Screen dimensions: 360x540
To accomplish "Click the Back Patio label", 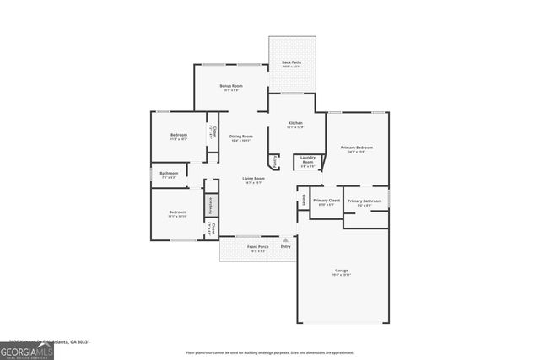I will pos(292,63).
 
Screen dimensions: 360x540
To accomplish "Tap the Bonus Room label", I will pos(231,87).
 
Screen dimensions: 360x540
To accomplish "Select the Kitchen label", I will pos(294,124).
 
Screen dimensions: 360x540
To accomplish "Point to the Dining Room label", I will pos(241,137).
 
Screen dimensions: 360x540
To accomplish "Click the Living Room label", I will pos(253,179).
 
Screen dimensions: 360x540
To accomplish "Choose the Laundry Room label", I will pos(308,161).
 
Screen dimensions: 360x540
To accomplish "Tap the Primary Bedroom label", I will pos(357,148).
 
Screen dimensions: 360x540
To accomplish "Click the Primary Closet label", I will pos(326,201).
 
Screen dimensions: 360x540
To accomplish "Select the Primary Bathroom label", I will pos(364,201).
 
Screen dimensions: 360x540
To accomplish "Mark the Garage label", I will pos(341,271).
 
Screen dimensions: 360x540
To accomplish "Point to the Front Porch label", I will pos(256,247).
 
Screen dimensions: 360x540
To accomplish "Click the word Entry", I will pos(285,246).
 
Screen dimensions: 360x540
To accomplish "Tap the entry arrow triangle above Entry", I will pos(285,239).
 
